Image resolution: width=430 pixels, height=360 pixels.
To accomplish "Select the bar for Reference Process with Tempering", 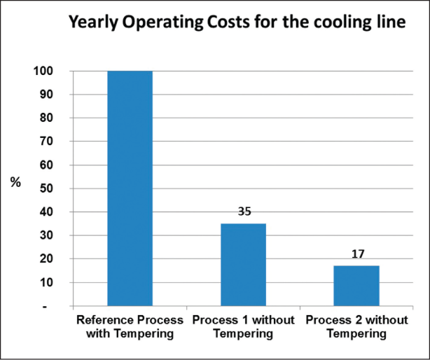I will coord(129,188).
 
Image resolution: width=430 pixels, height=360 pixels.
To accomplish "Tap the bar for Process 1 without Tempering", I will coord(243,265).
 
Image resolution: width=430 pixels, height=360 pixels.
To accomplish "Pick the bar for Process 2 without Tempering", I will coord(356,286).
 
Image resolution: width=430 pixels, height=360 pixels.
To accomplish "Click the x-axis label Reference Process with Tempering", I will coord(129,327).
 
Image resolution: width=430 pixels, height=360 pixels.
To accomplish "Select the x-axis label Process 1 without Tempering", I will coord(243,327).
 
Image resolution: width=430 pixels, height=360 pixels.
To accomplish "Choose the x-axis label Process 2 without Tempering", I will coord(356,327).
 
